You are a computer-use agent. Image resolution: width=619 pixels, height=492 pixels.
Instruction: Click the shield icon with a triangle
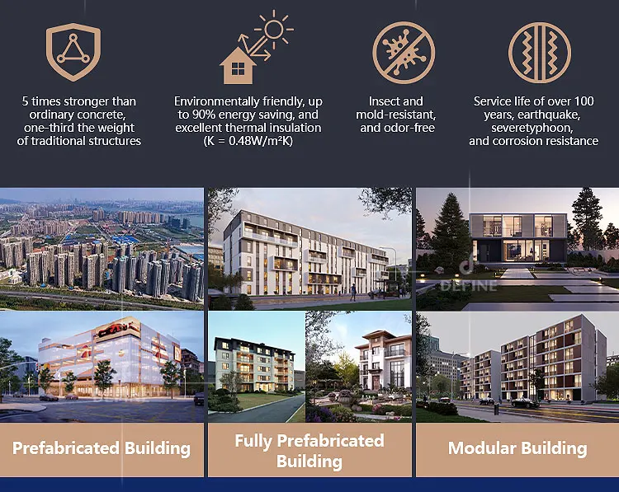73,52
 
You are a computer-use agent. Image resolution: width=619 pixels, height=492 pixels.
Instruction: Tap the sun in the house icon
274,30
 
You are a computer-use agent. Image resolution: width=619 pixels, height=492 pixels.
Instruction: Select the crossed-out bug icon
404,53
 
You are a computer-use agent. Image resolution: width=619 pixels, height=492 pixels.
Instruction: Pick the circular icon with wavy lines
539,53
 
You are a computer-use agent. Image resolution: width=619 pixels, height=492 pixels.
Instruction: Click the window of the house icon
238,69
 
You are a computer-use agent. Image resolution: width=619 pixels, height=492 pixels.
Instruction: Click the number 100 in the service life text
584,101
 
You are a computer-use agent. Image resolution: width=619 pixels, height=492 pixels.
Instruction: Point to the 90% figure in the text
203,115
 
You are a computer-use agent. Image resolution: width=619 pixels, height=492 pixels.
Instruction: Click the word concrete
100,115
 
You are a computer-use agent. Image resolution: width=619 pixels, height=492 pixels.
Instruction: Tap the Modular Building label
517,448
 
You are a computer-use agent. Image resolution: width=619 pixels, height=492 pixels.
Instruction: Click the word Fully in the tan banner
253,441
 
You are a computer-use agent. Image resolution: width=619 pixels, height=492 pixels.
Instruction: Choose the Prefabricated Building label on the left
102,448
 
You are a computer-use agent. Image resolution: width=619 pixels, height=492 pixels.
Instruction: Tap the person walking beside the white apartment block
353,293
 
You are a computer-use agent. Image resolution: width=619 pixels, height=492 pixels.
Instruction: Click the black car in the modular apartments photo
525,402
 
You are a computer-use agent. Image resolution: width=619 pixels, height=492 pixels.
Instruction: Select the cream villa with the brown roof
382,359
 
